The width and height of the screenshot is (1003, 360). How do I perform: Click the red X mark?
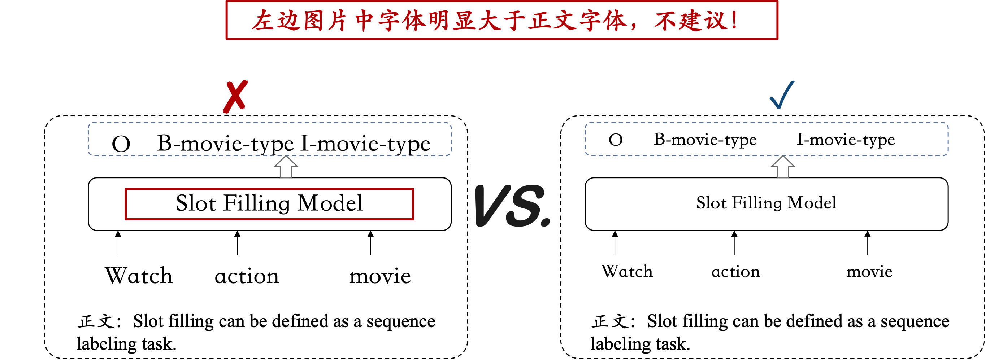235,97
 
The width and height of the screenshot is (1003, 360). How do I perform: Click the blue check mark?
782,95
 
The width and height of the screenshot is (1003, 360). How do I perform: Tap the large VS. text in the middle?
512,206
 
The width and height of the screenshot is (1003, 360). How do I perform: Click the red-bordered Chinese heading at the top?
501,20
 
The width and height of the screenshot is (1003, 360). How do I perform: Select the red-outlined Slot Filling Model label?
269,203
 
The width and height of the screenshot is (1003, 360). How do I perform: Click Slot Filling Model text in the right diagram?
766,203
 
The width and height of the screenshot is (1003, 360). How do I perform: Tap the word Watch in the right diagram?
627,271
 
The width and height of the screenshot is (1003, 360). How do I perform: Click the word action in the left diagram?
247,276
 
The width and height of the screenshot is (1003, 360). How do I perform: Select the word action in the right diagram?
735,272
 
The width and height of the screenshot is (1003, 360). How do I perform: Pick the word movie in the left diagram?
380,276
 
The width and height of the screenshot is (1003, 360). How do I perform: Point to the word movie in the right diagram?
869,272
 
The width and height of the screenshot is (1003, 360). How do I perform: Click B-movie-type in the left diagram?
225,144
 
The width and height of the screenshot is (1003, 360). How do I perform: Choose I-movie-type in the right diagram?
846,139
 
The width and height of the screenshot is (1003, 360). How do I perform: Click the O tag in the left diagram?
121,144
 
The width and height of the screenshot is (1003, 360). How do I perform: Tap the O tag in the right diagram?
616,140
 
